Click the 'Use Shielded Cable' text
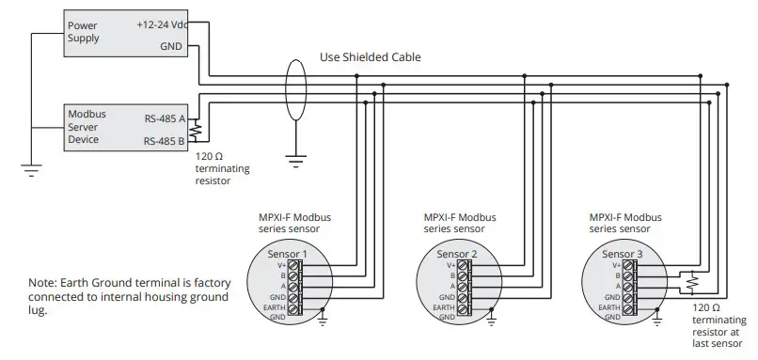pyautogui.click(x=371, y=57)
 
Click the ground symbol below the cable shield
pyautogui.click(x=296, y=161)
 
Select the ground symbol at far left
pyautogui.click(x=30, y=170)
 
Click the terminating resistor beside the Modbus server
pyautogui.click(x=197, y=130)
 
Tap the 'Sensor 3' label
pyautogui.click(x=622, y=254)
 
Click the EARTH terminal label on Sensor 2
pyautogui.click(x=443, y=307)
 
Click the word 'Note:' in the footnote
pyautogui.click(x=44, y=282)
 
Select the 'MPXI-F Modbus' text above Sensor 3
pyautogui.click(x=622, y=217)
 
